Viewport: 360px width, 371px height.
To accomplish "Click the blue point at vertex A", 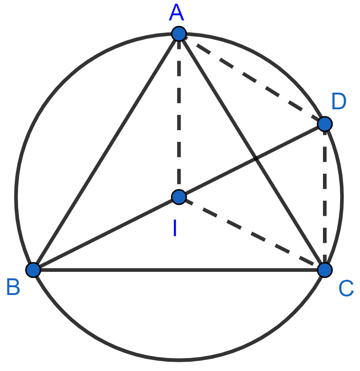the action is tap(179, 34).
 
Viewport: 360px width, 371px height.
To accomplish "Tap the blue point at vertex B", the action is tap(33, 270).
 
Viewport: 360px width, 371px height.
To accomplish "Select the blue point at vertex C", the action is tap(325, 270).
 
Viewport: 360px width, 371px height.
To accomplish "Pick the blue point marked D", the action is tap(325, 124).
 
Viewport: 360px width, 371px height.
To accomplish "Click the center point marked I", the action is tap(179, 197).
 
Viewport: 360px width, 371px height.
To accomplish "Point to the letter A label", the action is tap(177, 13).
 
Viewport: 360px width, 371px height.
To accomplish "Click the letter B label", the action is tap(13, 287).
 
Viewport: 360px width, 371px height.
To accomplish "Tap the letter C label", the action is tap(346, 288).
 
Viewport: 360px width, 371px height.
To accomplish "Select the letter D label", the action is tap(339, 101).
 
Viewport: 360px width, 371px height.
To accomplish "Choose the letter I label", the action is tap(175, 227).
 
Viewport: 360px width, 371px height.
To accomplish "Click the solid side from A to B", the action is tap(106, 152).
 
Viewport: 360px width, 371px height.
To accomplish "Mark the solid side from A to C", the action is tap(252, 152).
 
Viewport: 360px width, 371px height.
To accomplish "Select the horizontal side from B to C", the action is tap(179, 270).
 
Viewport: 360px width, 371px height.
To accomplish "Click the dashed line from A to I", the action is tap(179, 115).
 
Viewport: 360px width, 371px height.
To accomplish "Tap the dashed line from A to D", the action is tap(252, 79).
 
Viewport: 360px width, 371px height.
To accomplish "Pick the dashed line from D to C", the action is tap(325, 197).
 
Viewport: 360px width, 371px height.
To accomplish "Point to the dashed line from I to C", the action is tap(252, 233).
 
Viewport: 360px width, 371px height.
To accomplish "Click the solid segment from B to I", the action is tap(106, 233).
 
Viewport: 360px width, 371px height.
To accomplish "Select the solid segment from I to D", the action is tap(252, 160).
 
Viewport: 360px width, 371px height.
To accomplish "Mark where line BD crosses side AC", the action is tap(256, 158).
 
